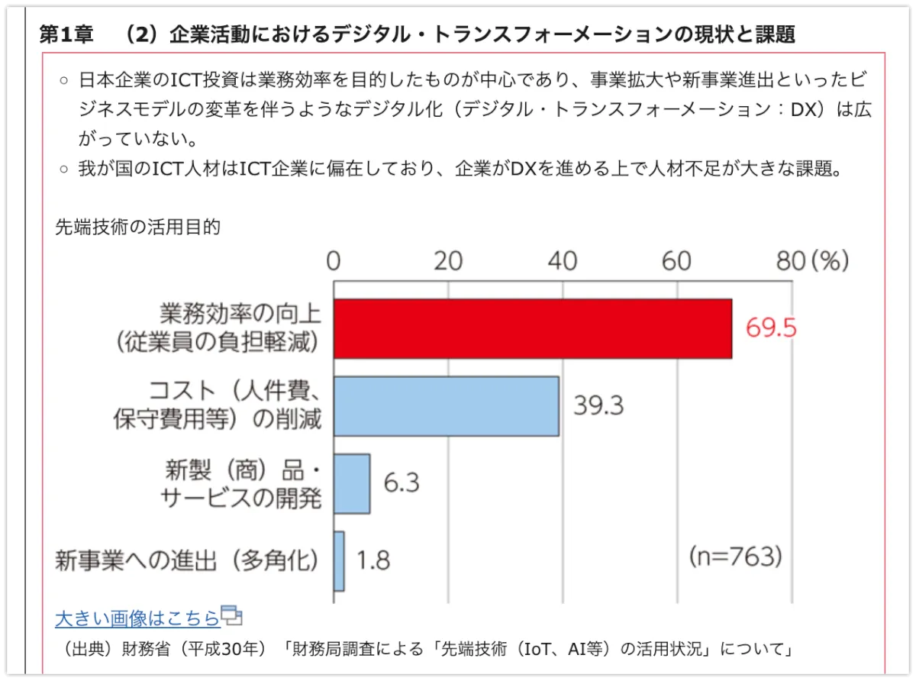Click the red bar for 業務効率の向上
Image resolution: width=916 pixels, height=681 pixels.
(532, 328)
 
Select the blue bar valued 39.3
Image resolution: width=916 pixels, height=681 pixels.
(446, 406)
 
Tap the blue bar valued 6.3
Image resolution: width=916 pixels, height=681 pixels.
(352, 483)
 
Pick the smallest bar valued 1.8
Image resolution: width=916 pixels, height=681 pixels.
(339, 561)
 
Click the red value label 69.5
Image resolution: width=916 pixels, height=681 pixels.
(771, 328)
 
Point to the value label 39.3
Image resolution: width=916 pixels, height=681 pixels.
(598, 405)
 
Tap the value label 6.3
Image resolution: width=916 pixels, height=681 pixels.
(402, 483)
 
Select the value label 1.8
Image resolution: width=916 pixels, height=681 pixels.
(373, 561)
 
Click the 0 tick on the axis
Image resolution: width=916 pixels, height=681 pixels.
(334, 261)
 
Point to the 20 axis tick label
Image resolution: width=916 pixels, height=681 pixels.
(448, 261)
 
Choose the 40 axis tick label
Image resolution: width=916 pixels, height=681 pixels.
(563, 261)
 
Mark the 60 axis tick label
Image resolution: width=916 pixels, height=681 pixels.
(676, 261)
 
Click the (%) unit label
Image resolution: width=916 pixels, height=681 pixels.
(830, 261)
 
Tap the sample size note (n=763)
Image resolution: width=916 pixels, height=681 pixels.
(735, 557)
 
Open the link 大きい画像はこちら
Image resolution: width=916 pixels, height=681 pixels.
(137, 618)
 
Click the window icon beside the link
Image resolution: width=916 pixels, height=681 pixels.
(231, 615)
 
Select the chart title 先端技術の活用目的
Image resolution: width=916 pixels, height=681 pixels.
(137, 227)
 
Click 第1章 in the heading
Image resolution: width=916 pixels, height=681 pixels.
(66, 34)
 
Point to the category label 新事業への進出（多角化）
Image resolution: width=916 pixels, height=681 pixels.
(187, 561)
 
